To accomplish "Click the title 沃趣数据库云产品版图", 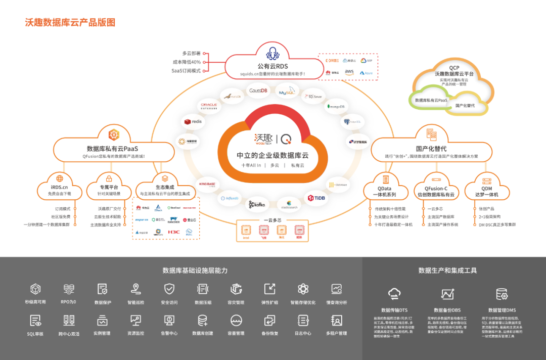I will (x=70, y=22).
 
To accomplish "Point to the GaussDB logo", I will (x=258, y=91).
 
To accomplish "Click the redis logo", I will (x=193, y=122).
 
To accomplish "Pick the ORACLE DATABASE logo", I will (x=209, y=106).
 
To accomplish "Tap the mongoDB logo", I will (x=336, y=107).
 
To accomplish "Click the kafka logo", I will (x=256, y=205).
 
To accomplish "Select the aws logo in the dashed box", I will (x=349, y=72).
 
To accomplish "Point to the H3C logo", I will (x=174, y=232).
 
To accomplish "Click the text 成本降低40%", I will (x=187, y=62).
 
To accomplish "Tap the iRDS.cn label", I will (x=60, y=187).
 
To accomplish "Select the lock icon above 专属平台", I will (x=109, y=178).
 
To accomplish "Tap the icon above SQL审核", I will (x=35, y=320).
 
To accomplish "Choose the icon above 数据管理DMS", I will (x=502, y=294).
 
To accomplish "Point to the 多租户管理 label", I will (x=336, y=334).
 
